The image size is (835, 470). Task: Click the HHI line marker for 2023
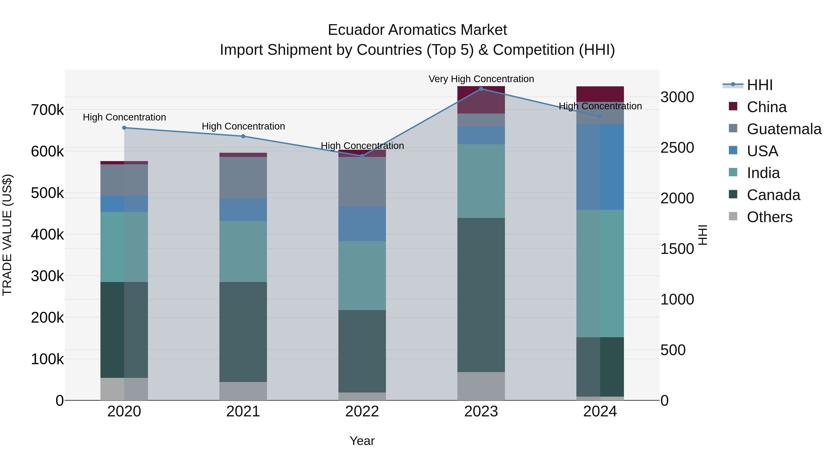[x=481, y=89]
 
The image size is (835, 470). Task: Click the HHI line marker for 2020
[x=124, y=128]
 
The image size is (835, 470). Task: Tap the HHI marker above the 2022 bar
[x=362, y=156]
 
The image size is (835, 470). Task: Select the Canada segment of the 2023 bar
[x=481, y=295]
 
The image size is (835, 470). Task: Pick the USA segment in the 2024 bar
[x=600, y=167]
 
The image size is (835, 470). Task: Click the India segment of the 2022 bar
[x=362, y=275]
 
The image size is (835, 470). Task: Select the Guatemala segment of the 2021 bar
[x=243, y=178]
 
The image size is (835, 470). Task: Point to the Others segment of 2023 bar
[x=481, y=386]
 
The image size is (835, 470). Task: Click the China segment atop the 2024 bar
[x=600, y=94]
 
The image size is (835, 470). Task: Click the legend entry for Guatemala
[x=784, y=129]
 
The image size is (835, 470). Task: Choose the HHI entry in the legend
[x=759, y=85]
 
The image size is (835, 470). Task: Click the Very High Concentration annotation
[x=481, y=79]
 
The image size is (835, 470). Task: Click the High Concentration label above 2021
[x=243, y=126]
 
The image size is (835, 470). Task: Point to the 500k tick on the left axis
[x=47, y=193]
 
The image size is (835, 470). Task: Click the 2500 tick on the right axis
[x=677, y=148]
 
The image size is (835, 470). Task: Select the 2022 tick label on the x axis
[x=362, y=412]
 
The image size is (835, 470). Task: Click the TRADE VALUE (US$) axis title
[x=7, y=235]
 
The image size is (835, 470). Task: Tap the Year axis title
[x=362, y=441]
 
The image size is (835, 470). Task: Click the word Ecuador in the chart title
[x=356, y=30]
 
